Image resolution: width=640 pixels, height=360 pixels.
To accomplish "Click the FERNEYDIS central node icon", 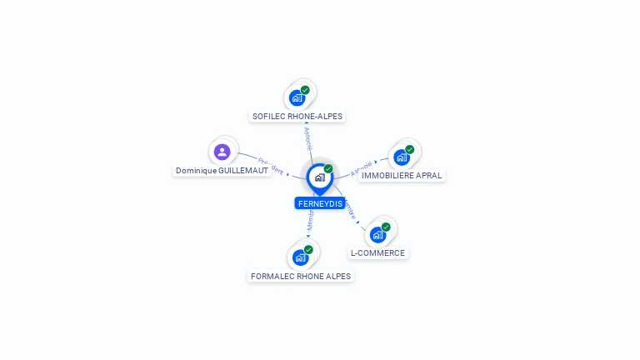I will coord(319,177).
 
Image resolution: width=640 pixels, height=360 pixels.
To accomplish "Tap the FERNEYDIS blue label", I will coord(320,203).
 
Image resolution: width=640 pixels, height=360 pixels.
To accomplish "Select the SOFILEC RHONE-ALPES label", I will coord(297,117).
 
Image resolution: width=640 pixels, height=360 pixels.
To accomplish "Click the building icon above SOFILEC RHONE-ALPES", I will coord(297,98).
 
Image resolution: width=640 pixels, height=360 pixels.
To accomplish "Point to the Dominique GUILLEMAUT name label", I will coord(222,170).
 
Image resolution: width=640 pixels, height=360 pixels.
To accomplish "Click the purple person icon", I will coord(222,152).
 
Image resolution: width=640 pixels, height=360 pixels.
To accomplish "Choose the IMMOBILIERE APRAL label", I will coord(402,176).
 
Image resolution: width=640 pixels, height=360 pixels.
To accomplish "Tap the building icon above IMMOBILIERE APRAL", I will coord(402,157).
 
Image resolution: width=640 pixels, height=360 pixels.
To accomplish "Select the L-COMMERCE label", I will coord(377,252).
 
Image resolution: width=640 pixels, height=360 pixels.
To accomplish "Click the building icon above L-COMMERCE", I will coord(377,235).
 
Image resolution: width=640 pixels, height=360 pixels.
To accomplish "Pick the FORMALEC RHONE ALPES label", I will coord(301,276).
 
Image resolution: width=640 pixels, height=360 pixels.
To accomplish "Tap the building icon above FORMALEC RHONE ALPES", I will coord(300,257).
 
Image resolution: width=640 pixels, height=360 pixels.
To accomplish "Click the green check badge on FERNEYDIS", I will coord(328,169).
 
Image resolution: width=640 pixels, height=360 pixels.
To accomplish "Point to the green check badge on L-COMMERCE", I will coord(386,227).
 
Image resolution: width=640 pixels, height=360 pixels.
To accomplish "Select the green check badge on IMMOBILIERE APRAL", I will coord(410,150).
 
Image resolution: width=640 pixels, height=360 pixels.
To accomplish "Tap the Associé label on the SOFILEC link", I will coord(308,138).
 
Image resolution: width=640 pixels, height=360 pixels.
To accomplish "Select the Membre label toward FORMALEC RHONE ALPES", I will coord(309,221).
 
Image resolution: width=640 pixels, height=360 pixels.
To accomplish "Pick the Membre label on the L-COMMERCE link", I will coord(351,210).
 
